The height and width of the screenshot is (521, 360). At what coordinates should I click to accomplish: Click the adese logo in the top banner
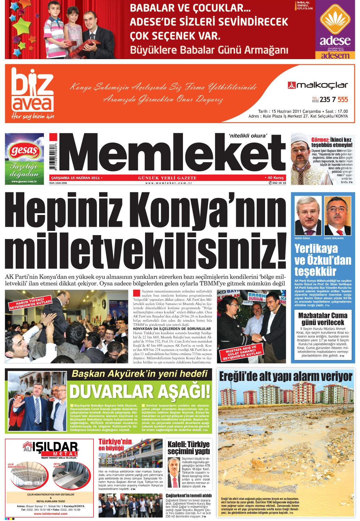[335, 29]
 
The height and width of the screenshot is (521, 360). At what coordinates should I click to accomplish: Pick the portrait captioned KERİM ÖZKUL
[308, 216]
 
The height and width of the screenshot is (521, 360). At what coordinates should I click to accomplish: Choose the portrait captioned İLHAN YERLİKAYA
[337, 216]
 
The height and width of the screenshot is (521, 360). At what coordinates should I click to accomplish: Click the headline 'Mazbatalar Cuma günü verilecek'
[323, 319]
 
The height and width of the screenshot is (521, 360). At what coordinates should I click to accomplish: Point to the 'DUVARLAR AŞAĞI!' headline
[140, 392]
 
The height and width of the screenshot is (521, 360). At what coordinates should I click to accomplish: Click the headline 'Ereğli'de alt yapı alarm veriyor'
[286, 376]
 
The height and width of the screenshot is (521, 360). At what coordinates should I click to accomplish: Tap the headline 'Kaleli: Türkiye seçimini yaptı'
[189, 448]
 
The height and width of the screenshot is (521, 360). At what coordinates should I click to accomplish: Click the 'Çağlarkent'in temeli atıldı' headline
[189, 496]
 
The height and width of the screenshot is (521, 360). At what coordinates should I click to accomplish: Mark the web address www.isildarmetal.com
[50, 514]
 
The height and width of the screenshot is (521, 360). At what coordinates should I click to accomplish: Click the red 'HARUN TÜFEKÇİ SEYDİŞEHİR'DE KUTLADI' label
[31, 304]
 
